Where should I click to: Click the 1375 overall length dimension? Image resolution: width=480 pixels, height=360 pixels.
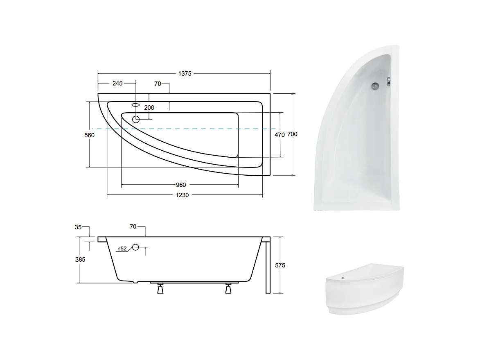pyautogui.click(x=185, y=74)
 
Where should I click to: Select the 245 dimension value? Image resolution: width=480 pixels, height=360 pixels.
pyautogui.click(x=117, y=84)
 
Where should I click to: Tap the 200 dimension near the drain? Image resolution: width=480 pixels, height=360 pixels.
pyautogui.click(x=149, y=108)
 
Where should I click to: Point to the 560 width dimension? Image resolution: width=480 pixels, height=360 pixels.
pyautogui.click(x=89, y=135)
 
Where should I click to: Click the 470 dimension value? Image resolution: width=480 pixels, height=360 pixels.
pyautogui.click(x=279, y=135)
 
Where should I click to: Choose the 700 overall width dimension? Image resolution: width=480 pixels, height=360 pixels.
pyautogui.click(x=292, y=134)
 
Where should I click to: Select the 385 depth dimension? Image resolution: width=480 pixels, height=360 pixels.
pyautogui.click(x=80, y=260)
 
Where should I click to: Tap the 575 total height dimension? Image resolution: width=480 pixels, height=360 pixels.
pyautogui.click(x=280, y=265)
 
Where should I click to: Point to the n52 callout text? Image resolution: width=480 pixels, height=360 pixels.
pyautogui.click(x=122, y=249)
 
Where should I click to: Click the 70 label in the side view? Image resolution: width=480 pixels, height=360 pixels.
pyautogui.click(x=133, y=226)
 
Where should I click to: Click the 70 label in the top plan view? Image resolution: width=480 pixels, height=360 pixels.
pyautogui.click(x=158, y=84)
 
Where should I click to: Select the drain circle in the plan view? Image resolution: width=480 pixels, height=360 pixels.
pyautogui.click(x=136, y=119)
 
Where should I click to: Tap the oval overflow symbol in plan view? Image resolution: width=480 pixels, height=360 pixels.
pyautogui.click(x=136, y=105)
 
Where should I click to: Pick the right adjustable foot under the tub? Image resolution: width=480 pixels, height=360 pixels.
pyautogui.click(x=228, y=289)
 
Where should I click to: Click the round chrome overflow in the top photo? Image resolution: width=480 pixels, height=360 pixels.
pyautogui.click(x=375, y=86)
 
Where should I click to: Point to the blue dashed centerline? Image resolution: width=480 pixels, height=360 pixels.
pyautogui.click(x=184, y=129)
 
